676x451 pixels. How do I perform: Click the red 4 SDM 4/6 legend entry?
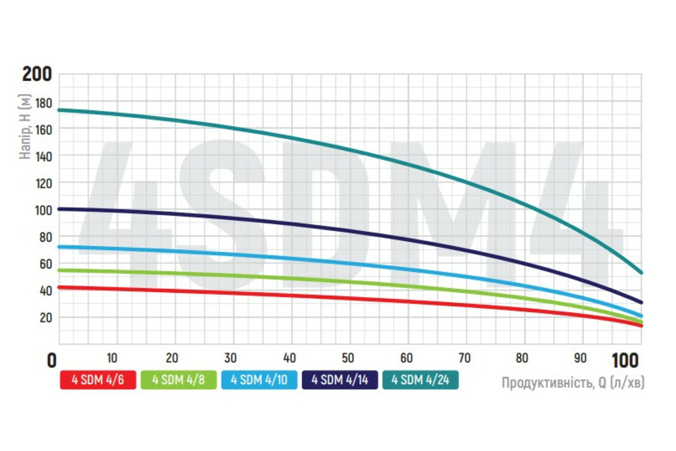click(98, 380)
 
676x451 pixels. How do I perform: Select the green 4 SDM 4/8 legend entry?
click(179, 380)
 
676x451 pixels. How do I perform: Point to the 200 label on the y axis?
click(37, 74)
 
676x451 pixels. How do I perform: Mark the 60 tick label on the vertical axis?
click(45, 264)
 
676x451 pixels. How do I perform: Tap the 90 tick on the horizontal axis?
click(581, 358)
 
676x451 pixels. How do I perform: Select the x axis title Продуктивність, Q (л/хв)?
click(573, 383)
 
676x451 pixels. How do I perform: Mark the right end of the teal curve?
click(641, 273)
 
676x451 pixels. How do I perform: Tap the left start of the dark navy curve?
click(60, 209)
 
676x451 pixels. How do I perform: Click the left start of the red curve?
click(60, 288)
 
